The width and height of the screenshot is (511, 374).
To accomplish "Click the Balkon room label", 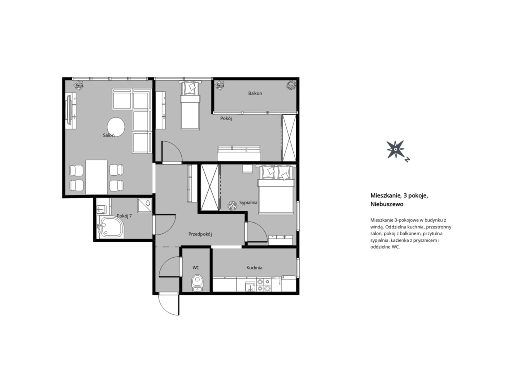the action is (x=255, y=93).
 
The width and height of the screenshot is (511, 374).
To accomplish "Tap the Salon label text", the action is (x=108, y=135).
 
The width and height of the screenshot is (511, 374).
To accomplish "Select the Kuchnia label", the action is (x=254, y=268).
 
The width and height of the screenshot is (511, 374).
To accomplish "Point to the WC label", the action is (x=196, y=268).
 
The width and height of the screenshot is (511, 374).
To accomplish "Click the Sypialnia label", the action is (x=249, y=203).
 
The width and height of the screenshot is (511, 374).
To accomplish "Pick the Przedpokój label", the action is (x=200, y=234).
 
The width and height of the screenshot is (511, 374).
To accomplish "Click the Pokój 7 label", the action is (x=124, y=216).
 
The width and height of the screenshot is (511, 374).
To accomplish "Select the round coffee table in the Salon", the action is (x=116, y=127).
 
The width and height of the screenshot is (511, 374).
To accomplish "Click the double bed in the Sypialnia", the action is (x=276, y=190).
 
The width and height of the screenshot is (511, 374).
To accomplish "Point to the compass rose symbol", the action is (x=396, y=150).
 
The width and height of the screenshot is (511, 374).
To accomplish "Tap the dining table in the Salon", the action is (x=96, y=177).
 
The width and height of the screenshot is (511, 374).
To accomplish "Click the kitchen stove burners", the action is (x=263, y=284).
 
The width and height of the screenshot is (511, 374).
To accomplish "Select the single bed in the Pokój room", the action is (x=190, y=106).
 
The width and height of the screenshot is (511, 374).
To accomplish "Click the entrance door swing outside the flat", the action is (x=169, y=304).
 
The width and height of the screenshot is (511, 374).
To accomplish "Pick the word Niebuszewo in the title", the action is (x=387, y=204).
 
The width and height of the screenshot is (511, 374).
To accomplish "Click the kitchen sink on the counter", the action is (x=250, y=286).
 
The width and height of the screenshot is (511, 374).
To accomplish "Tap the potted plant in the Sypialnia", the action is (x=232, y=205).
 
